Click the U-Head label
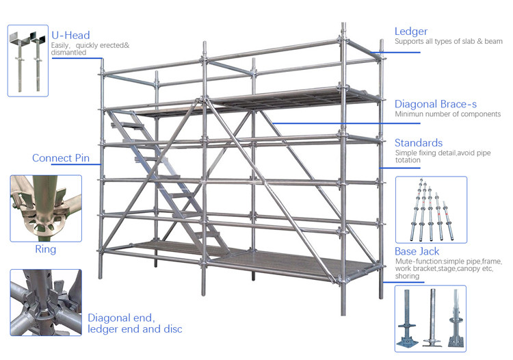tap(70, 36)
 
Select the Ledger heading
tap(411, 31)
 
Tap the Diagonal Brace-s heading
tap(436, 104)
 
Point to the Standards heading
tap(418, 143)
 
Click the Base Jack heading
tap(417, 252)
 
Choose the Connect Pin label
tap(61, 158)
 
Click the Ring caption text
tap(45, 250)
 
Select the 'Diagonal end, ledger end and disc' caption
tap(135, 323)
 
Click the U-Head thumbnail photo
tap(28, 60)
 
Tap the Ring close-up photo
tap(45, 208)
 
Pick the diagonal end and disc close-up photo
tap(45, 302)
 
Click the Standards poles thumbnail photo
tap(432, 209)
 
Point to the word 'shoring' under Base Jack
tap(408, 277)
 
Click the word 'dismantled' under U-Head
tap(69, 53)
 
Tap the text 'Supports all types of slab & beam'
tap(449, 42)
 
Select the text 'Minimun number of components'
tap(447, 114)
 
